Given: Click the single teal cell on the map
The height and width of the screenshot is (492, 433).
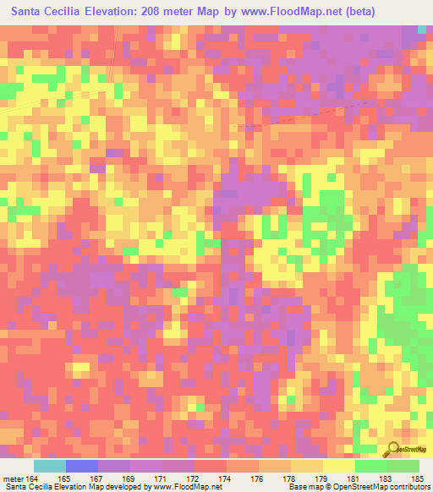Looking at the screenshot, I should [x=422, y=30].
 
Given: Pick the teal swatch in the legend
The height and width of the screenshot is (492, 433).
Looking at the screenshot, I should [x=50, y=466].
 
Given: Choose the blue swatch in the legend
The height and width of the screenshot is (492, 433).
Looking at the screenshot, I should [x=82, y=466].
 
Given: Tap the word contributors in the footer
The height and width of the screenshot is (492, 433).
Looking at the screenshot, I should [x=409, y=488].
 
